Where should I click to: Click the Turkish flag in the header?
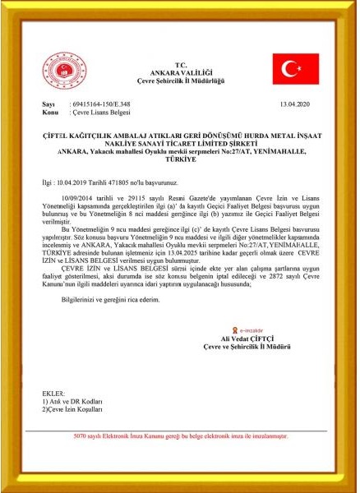pos(296,69)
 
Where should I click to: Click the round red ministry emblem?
pos(63,72)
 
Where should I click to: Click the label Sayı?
pos(48,105)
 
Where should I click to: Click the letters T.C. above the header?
pos(181,64)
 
